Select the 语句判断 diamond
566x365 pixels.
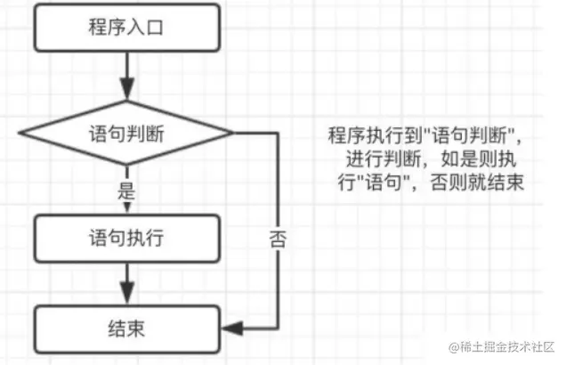pyautogui.click(x=125, y=134)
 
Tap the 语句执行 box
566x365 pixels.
pyautogui.click(x=125, y=238)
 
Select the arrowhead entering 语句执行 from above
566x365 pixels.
pyautogui.click(x=125, y=206)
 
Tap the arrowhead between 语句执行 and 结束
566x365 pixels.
pyautogui.click(x=125, y=297)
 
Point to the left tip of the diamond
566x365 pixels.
pyautogui.click(x=20, y=134)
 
